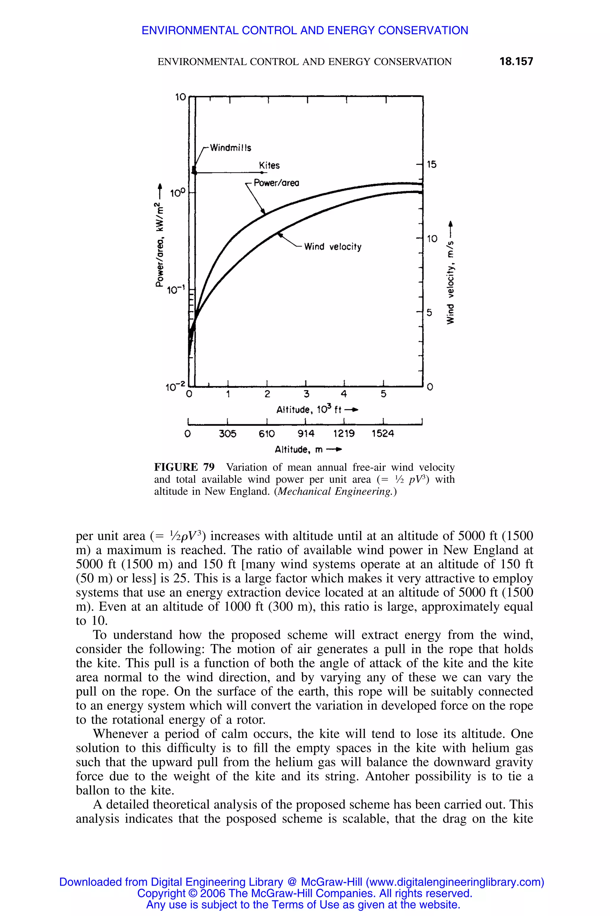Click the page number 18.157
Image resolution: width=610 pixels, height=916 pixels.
click(x=516, y=61)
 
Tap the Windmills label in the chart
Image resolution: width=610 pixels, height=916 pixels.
click(x=230, y=148)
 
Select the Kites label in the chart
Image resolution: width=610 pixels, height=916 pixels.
click(x=269, y=165)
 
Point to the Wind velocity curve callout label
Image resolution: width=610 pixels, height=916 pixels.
click(x=333, y=247)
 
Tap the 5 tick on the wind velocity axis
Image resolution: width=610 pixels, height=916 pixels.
click(x=430, y=312)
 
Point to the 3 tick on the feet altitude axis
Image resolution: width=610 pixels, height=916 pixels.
click(x=306, y=394)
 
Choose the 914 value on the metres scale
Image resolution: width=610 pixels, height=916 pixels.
click(x=306, y=434)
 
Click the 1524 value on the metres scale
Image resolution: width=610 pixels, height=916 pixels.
click(x=383, y=434)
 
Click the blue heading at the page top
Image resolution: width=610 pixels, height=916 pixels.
click(x=305, y=30)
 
